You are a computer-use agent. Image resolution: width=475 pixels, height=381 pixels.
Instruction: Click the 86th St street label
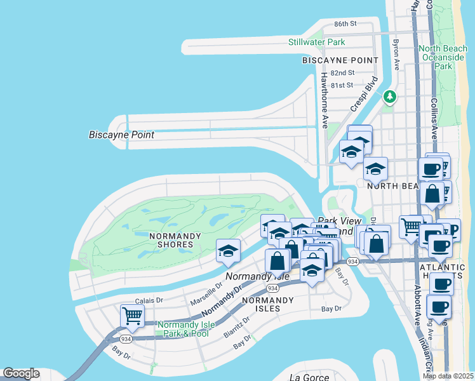click(x=345, y=23)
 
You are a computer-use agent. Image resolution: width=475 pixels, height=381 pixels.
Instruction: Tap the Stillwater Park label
click(x=316, y=42)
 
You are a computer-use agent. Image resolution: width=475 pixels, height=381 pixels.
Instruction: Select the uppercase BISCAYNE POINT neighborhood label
click(x=340, y=60)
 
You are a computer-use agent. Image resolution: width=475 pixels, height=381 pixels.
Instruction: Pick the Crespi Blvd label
click(x=364, y=95)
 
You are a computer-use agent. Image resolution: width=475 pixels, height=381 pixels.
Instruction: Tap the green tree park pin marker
click(x=389, y=97)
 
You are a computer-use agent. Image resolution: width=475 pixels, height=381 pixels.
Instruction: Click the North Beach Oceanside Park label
click(x=443, y=57)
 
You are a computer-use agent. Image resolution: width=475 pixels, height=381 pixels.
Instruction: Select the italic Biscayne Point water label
click(x=121, y=135)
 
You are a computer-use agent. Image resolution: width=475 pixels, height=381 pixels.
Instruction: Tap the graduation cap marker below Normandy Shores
click(x=227, y=251)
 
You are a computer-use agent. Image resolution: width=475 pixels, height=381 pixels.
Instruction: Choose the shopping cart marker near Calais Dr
click(x=132, y=316)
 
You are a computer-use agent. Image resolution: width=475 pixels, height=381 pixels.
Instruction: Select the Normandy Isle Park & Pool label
click(x=183, y=328)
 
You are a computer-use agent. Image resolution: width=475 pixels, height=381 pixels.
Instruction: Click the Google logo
click(x=21, y=373)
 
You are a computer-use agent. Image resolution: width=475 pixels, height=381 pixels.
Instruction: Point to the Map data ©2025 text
click(x=448, y=376)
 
